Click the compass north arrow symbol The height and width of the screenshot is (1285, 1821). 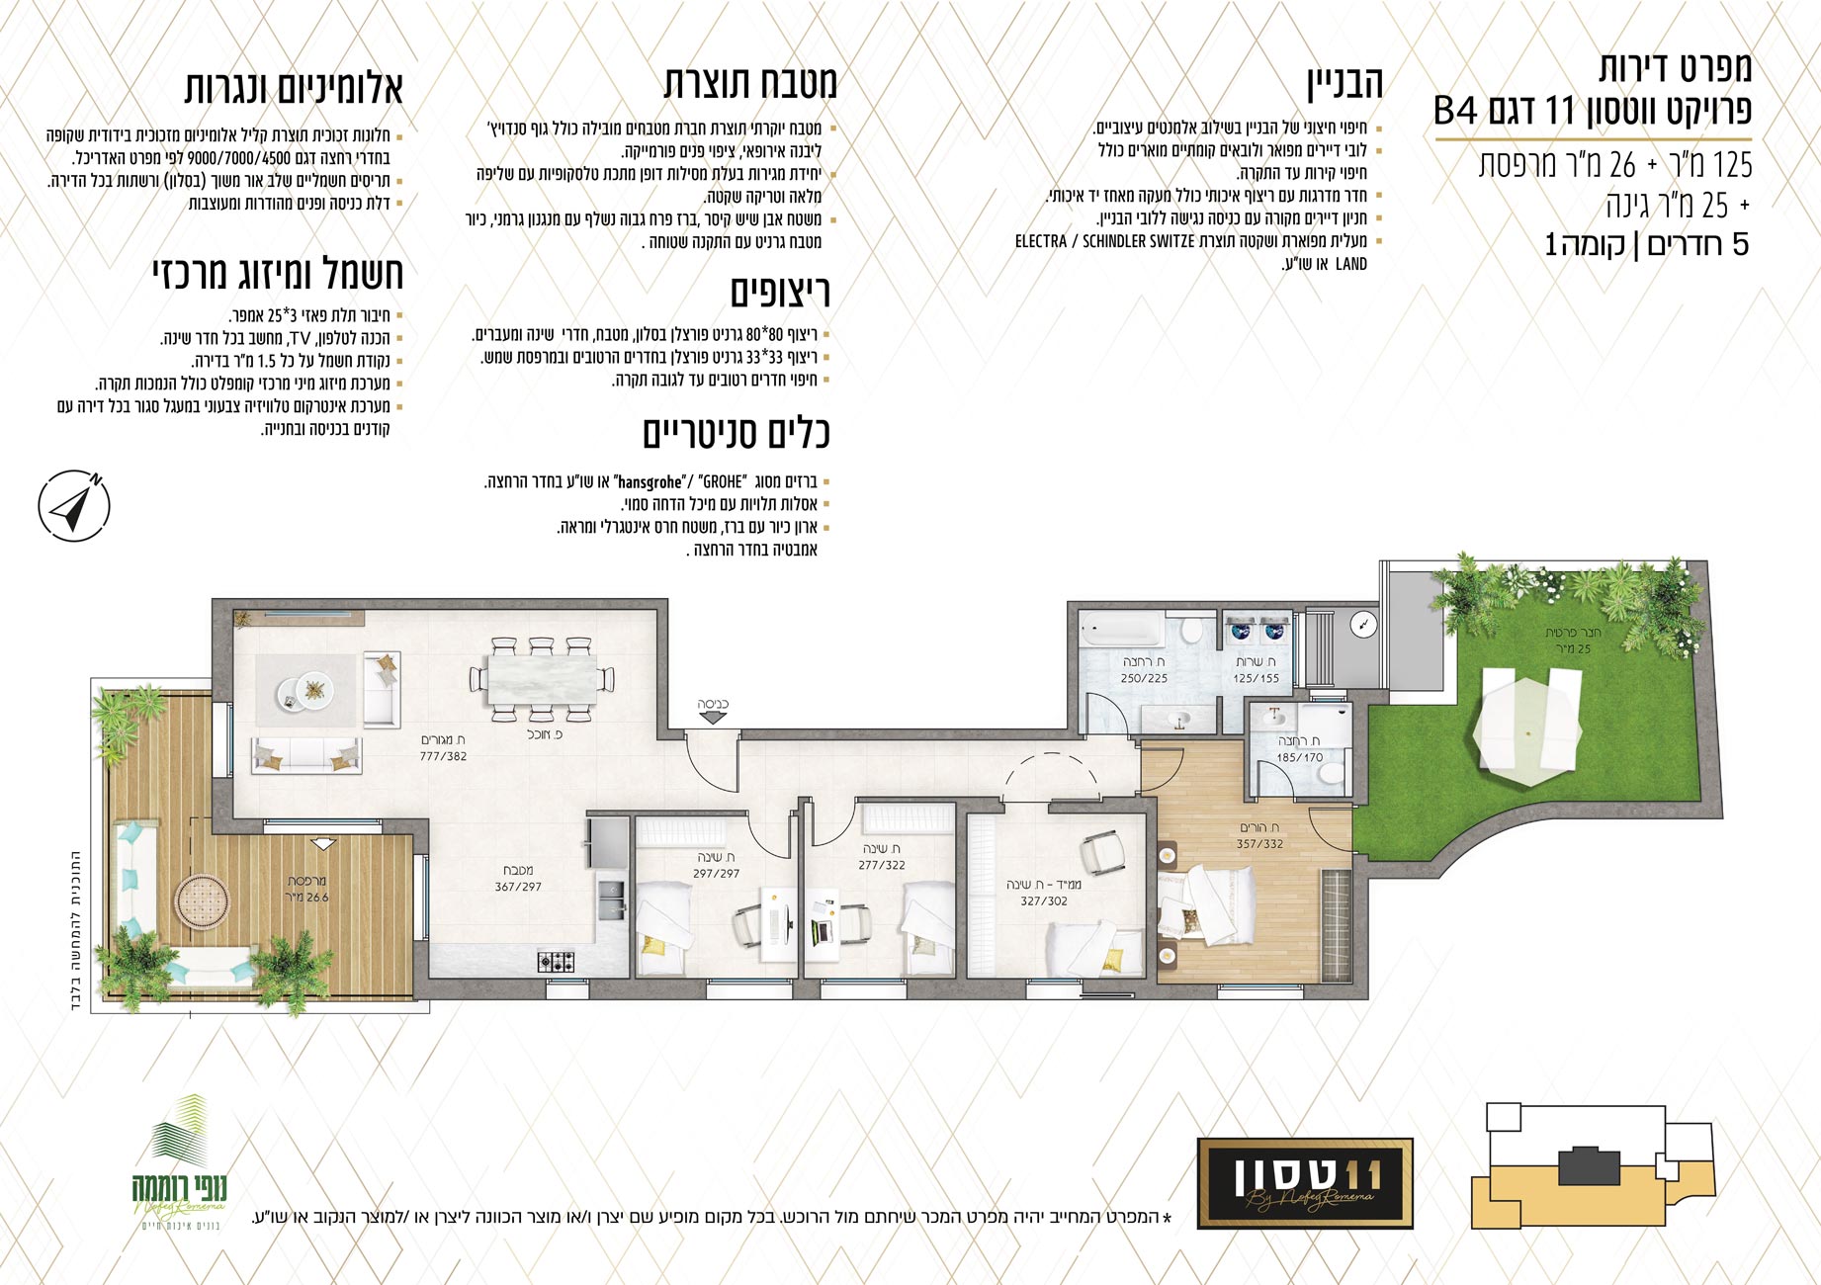74,505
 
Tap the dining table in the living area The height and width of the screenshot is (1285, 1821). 542,680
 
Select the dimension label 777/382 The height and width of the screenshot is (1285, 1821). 443,756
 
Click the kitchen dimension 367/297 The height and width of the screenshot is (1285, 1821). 518,887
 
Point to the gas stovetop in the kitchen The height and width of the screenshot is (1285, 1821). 556,960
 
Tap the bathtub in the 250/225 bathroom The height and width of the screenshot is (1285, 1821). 1122,630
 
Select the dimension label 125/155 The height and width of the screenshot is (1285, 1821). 1256,678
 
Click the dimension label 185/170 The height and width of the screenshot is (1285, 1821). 1299,757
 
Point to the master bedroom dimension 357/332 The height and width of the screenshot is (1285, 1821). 1259,843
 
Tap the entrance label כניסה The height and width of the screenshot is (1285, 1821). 713,705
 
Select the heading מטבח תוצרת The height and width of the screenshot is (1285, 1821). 750,83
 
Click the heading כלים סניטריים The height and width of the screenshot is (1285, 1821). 737,433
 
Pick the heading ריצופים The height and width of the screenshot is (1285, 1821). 780,292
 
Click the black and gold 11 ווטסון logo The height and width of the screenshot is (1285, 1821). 1305,1183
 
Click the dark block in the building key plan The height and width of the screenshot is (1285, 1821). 1588,1165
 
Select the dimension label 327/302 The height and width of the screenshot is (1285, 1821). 1044,900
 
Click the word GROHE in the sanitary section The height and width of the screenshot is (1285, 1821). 722,482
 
